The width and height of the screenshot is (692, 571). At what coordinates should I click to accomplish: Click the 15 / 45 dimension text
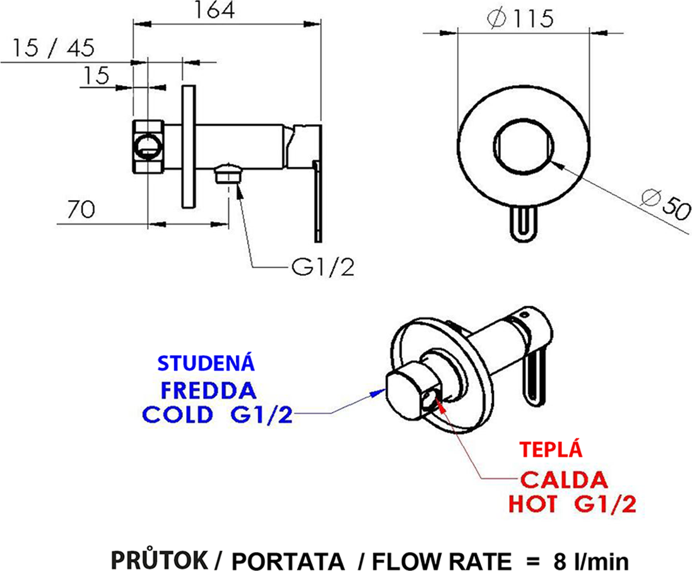pos(52,48)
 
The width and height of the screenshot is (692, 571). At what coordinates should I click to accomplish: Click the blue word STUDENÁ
pos(206,363)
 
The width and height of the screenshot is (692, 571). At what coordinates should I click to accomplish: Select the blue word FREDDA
pos(208,390)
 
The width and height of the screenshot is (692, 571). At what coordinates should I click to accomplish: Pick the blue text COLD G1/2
pos(217,415)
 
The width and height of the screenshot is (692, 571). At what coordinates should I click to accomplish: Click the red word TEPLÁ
pos(550,450)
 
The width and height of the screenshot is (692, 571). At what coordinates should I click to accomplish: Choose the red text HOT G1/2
pos(571,505)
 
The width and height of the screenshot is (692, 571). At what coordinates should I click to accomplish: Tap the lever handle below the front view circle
pos(523,224)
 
